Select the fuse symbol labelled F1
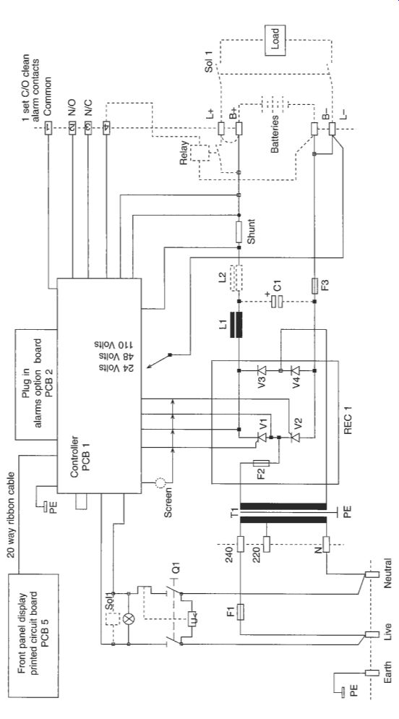tap(239, 612)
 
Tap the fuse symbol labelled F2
tap(261, 463)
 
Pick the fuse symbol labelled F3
tap(314, 286)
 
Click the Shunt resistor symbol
tap(239, 232)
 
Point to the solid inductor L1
tap(236, 325)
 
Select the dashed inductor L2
tap(236, 278)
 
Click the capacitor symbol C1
tap(276, 301)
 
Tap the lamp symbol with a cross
tap(129, 619)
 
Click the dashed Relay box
tap(199, 152)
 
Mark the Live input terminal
tap(372, 634)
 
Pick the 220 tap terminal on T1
tap(267, 544)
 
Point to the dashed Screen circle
tap(160, 482)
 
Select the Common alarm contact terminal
tap(48, 128)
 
